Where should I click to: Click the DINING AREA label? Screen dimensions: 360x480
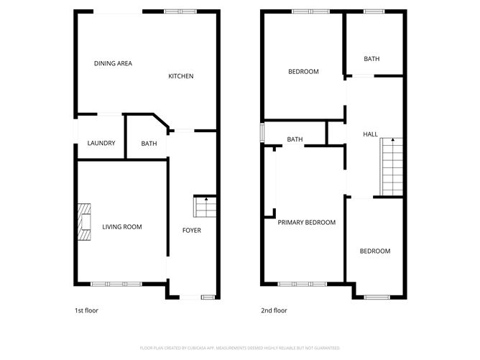113,63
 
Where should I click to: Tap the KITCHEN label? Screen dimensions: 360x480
180,76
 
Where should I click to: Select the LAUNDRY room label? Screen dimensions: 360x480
101,143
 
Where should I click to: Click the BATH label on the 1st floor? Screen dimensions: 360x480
149,144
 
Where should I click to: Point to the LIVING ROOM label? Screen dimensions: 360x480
121,227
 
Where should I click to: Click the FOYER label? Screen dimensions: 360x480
191,230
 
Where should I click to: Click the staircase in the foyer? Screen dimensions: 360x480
204,208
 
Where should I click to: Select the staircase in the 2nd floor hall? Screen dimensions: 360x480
392,167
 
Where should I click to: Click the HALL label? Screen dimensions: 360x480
370,134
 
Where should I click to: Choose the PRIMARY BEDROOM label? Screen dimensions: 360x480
307,223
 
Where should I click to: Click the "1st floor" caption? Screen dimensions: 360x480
86,311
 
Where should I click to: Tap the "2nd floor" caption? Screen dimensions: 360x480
274,311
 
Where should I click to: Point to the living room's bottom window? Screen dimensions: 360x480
114,284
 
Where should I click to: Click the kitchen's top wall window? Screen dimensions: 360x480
180,11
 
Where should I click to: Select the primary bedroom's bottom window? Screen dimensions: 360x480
300,284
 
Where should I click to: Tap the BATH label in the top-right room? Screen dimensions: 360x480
371,59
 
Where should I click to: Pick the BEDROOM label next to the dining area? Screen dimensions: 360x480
303,71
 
